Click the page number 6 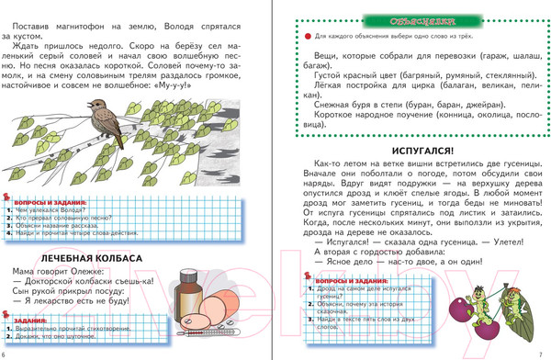pos(5,353)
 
